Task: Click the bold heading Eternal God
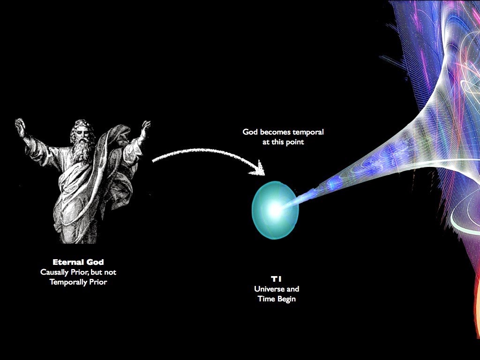point(78,262)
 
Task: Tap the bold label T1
point(276,279)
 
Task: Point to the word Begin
point(287,299)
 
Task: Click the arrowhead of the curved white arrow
point(259,168)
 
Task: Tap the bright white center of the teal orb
point(275,210)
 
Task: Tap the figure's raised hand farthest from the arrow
point(20,125)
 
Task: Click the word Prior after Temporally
point(98,282)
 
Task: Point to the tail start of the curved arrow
point(154,160)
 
